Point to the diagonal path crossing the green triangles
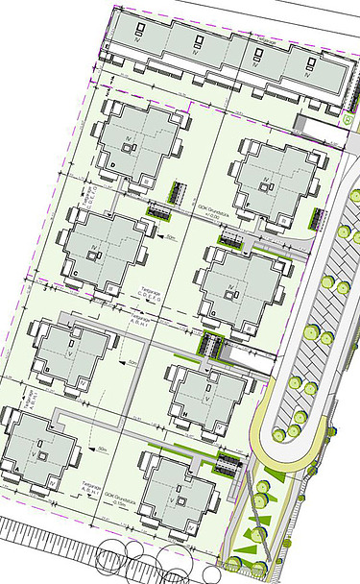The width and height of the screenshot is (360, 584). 257,534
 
